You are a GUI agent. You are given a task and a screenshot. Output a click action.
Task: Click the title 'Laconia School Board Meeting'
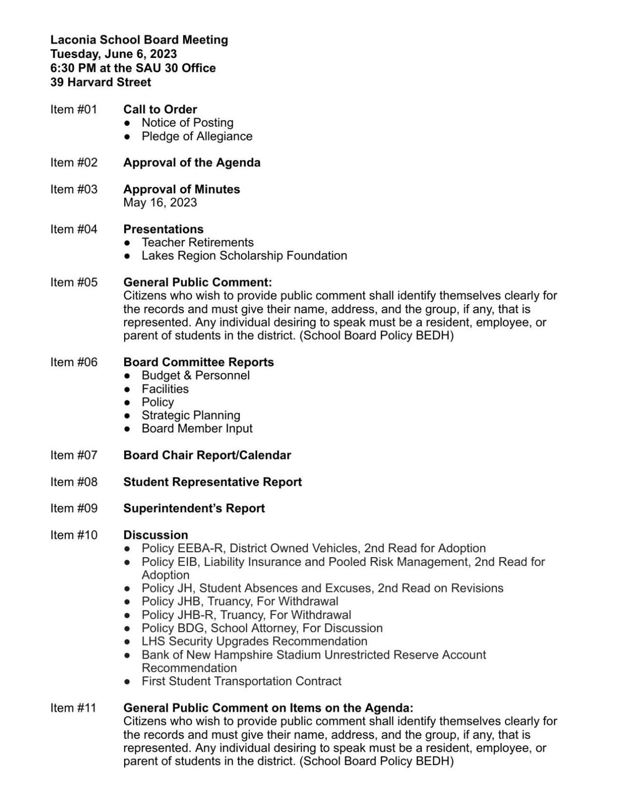click(139, 40)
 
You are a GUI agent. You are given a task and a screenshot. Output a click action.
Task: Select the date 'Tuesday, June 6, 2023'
click(113, 54)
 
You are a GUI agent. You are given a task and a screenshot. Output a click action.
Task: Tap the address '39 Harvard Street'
click(100, 82)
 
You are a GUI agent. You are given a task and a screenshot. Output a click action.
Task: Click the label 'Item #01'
click(73, 109)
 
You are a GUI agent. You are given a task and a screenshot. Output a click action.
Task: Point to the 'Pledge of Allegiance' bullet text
click(197, 136)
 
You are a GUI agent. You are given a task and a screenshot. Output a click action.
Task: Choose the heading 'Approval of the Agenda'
click(191, 162)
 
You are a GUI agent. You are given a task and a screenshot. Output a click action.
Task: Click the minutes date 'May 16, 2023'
click(160, 202)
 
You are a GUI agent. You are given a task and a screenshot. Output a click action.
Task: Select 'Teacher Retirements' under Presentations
click(197, 242)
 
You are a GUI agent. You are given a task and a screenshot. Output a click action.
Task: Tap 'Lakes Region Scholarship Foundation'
click(244, 256)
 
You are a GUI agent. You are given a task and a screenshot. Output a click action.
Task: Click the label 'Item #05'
click(73, 282)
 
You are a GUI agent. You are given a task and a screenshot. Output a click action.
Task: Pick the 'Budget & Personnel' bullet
click(195, 375)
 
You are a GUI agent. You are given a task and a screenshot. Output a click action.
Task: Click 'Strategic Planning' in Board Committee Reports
click(190, 415)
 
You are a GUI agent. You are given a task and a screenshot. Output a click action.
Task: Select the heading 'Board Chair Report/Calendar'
click(207, 455)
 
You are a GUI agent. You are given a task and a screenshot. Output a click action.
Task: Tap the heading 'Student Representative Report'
click(212, 482)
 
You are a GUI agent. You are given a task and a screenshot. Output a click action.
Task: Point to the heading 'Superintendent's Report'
click(194, 508)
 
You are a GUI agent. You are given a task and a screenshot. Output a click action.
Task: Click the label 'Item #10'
click(73, 535)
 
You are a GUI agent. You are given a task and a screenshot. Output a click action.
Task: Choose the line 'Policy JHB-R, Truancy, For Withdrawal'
click(246, 615)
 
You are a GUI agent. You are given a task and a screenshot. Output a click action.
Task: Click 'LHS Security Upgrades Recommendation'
click(254, 641)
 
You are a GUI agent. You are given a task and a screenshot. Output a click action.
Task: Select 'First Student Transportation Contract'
click(241, 681)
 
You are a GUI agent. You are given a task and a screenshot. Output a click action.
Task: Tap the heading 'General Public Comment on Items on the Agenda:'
click(268, 708)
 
